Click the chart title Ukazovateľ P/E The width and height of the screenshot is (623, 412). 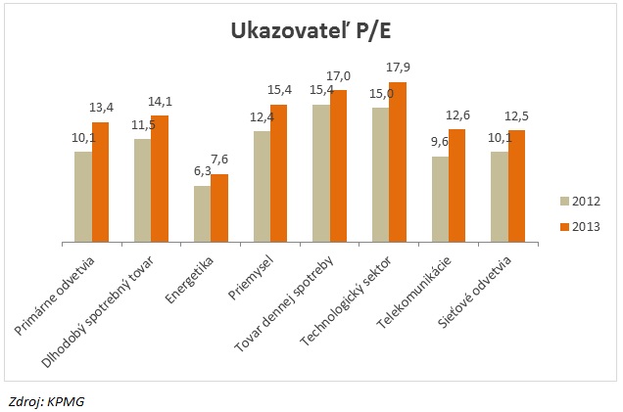tap(311, 32)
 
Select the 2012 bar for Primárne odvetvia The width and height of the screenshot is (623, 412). tap(83, 196)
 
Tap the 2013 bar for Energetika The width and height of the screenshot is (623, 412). tap(219, 207)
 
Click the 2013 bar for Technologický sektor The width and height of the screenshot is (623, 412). tap(398, 161)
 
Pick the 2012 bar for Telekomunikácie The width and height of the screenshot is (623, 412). tap(440, 199)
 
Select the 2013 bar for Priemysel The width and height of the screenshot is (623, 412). tap(279, 172)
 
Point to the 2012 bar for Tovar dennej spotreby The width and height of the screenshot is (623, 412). tap(321, 172)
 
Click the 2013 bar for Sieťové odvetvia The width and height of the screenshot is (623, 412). tap(516, 185)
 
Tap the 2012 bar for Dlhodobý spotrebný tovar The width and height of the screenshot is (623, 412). tap(143, 190)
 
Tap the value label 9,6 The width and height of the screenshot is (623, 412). tap(440, 142)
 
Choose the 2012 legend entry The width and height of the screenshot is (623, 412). tap(579, 202)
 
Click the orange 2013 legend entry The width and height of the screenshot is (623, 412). tap(579, 227)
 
